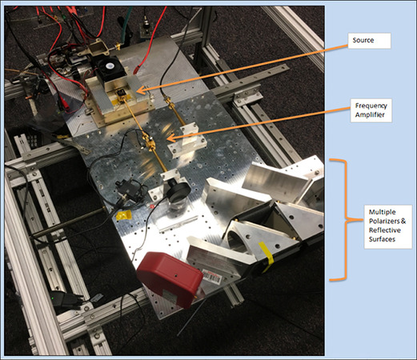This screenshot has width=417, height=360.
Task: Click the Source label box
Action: click(369, 41)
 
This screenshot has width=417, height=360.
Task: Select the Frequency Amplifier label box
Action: click(371, 110)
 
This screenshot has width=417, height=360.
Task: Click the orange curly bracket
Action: click(340, 220)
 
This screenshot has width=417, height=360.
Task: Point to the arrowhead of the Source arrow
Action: click(140, 90)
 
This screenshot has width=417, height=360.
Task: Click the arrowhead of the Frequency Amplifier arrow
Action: click(170, 138)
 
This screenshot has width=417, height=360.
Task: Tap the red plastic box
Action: click(170, 278)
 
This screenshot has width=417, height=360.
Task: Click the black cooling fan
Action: click(110, 66)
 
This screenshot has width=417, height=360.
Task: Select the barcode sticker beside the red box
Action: click(212, 277)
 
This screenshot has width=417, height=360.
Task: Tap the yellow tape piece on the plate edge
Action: click(124, 215)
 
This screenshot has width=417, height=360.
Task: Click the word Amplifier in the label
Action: click(370, 115)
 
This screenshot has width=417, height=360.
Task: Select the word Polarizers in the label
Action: click(385, 222)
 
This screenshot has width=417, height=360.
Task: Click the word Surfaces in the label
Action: click(382, 239)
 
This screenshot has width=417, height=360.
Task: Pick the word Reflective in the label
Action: click(385, 230)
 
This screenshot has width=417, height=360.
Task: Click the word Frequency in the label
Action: click(371, 106)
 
